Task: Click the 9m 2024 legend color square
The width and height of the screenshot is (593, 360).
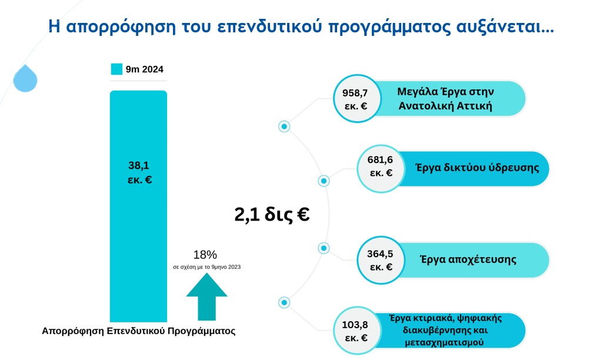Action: click(116, 69)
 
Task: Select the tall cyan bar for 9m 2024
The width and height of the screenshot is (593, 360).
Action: click(138, 206)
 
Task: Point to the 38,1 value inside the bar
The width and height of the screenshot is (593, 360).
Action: click(139, 165)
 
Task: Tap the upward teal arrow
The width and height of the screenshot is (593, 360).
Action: click(206, 297)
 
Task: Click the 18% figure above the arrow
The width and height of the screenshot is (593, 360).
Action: click(205, 255)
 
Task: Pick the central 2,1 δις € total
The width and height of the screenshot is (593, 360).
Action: click(272, 214)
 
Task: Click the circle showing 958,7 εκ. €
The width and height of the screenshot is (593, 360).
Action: click(357, 98)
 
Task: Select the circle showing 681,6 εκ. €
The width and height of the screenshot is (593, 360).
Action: click(381, 169)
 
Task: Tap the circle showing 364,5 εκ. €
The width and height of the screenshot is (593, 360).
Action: click(381, 260)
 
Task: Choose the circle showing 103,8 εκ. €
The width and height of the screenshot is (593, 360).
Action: click(357, 331)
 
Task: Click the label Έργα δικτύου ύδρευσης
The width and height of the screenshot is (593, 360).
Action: click(477, 168)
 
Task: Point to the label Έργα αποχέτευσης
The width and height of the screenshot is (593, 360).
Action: click(468, 259)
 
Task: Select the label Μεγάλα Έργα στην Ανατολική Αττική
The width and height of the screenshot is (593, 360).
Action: click(445, 99)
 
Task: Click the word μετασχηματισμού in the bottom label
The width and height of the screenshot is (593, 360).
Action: click(444, 342)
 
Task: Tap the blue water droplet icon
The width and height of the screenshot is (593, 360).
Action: click(25, 79)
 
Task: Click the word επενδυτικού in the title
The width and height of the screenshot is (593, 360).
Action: click(270, 26)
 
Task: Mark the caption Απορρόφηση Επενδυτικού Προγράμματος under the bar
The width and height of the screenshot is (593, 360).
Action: click(138, 331)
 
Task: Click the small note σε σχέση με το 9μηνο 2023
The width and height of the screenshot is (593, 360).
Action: click(207, 267)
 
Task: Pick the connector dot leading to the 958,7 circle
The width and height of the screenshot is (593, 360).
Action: click(284, 126)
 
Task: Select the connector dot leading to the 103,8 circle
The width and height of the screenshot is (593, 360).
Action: click(284, 302)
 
